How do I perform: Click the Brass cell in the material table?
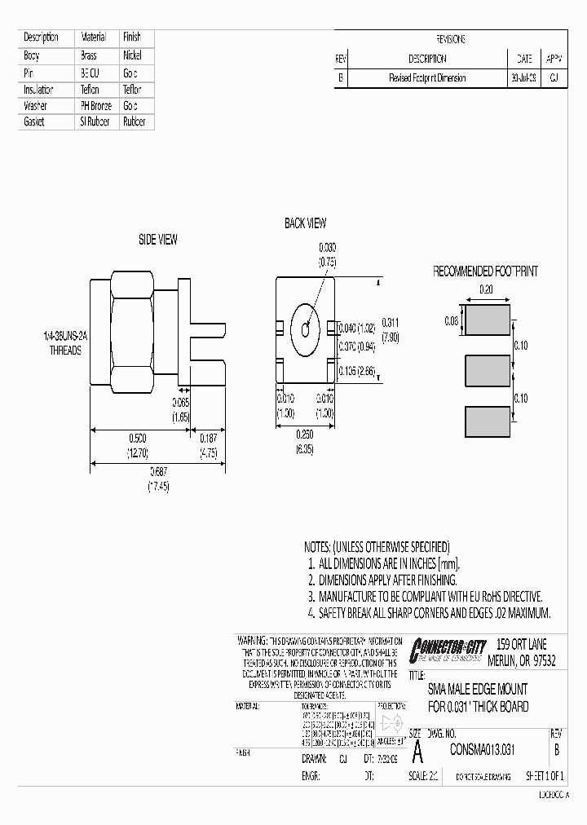click(88, 55)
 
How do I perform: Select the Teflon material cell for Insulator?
click(90, 90)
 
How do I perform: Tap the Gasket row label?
click(34, 122)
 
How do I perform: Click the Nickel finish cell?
click(132, 55)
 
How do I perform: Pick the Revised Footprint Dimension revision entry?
click(426, 78)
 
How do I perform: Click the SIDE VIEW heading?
click(157, 240)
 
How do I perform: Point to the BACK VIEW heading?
click(305, 223)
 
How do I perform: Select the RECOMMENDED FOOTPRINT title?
click(485, 271)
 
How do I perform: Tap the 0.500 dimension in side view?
click(135, 438)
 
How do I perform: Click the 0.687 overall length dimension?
click(156, 474)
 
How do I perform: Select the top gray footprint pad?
click(486, 320)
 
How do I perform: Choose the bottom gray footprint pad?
click(486, 421)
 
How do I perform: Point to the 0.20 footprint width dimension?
click(486, 289)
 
